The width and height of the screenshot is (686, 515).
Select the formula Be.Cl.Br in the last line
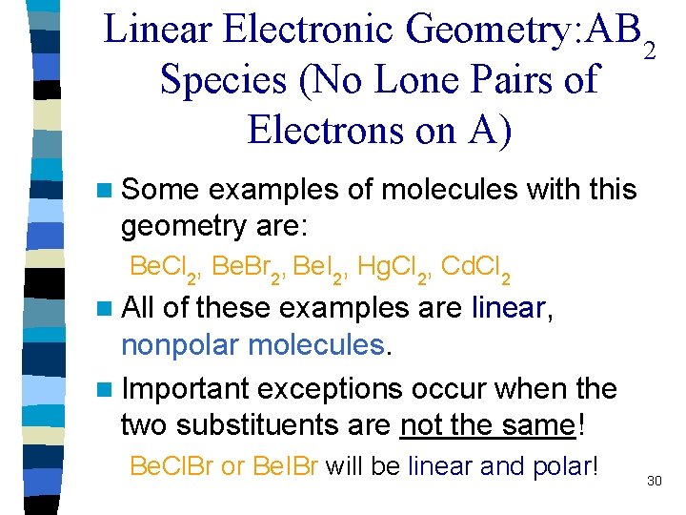click(171, 468)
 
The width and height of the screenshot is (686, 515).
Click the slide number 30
click(654, 482)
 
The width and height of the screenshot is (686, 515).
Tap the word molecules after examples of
click(445, 190)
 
